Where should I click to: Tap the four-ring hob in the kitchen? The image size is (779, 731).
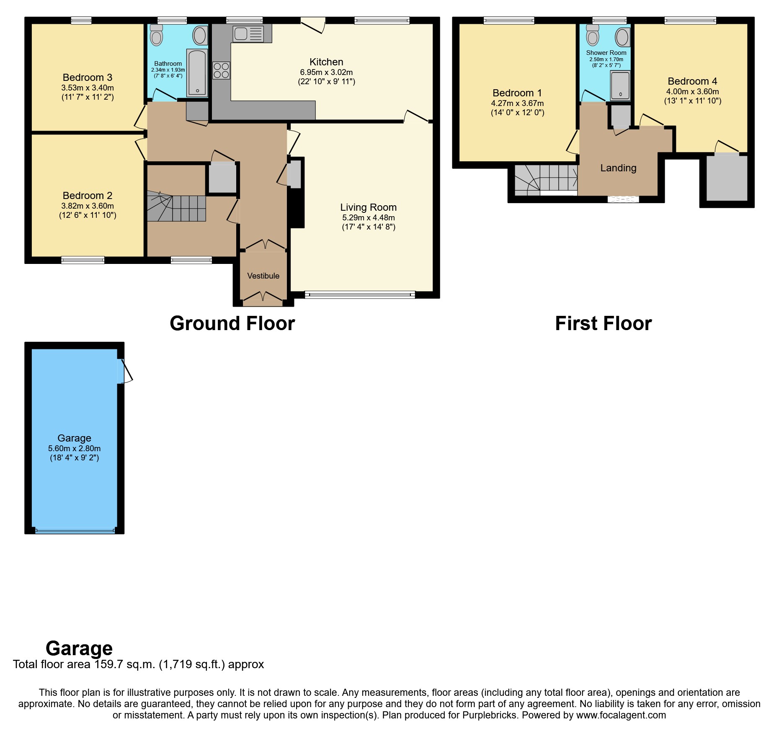[221, 70]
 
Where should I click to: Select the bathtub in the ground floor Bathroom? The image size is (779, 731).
[197, 72]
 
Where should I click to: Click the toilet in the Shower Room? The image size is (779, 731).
[593, 35]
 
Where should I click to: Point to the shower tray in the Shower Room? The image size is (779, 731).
[620, 85]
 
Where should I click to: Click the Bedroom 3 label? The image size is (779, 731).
[88, 77]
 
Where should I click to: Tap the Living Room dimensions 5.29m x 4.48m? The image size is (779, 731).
[368, 218]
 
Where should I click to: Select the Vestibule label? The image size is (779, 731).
[263, 276]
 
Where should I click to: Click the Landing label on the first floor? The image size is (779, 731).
[618, 168]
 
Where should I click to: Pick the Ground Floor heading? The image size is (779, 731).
[232, 323]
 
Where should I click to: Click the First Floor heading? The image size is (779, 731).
[603, 323]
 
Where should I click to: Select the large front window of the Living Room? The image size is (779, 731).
[360, 295]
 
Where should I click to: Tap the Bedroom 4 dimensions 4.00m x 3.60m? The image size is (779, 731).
[692, 92]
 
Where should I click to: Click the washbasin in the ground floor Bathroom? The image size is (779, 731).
[200, 36]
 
